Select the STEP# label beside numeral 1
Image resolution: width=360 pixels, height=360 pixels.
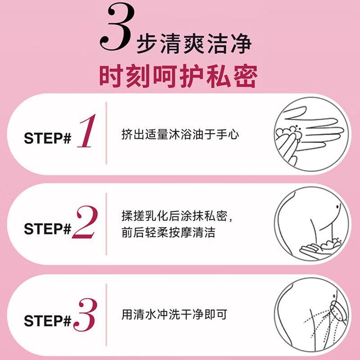(48, 138)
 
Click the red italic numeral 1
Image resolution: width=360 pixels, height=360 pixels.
(86, 132)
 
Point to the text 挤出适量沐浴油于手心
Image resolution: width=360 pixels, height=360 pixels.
(180, 134)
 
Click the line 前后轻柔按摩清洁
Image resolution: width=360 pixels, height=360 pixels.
(168, 233)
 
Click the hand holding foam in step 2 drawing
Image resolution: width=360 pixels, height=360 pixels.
(320, 246)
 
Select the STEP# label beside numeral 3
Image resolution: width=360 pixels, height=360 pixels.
(48, 321)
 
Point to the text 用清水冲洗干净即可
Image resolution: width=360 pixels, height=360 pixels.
(174, 314)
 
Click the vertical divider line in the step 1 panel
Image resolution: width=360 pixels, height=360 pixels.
(106, 133)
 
